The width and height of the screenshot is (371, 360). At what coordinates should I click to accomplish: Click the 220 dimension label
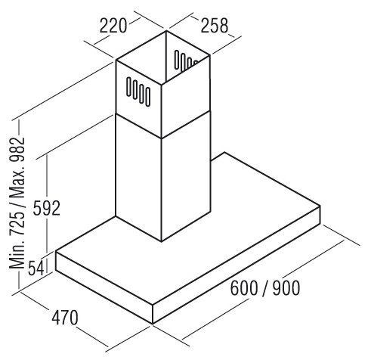(x=113, y=26)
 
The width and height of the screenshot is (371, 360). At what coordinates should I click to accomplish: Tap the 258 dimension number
(x=215, y=25)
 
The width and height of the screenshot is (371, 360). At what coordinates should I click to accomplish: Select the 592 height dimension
(x=47, y=208)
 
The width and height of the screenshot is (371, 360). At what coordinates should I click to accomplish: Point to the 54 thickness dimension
(x=36, y=268)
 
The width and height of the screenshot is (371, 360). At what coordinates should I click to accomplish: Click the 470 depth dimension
(x=65, y=318)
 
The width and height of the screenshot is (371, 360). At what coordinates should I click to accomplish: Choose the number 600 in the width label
(x=244, y=288)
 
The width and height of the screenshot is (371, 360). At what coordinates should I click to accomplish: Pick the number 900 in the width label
(x=286, y=288)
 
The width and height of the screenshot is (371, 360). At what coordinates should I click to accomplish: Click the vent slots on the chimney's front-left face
(x=138, y=92)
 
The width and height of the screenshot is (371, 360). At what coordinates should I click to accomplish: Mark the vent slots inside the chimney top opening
(x=186, y=60)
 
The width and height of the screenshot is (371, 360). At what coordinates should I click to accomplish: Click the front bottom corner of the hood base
(x=153, y=324)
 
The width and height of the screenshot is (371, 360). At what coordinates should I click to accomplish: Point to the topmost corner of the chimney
(x=166, y=31)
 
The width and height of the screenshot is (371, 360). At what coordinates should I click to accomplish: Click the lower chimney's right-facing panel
(x=186, y=176)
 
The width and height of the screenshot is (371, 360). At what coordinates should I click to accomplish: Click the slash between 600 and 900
(x=265, y=288)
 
